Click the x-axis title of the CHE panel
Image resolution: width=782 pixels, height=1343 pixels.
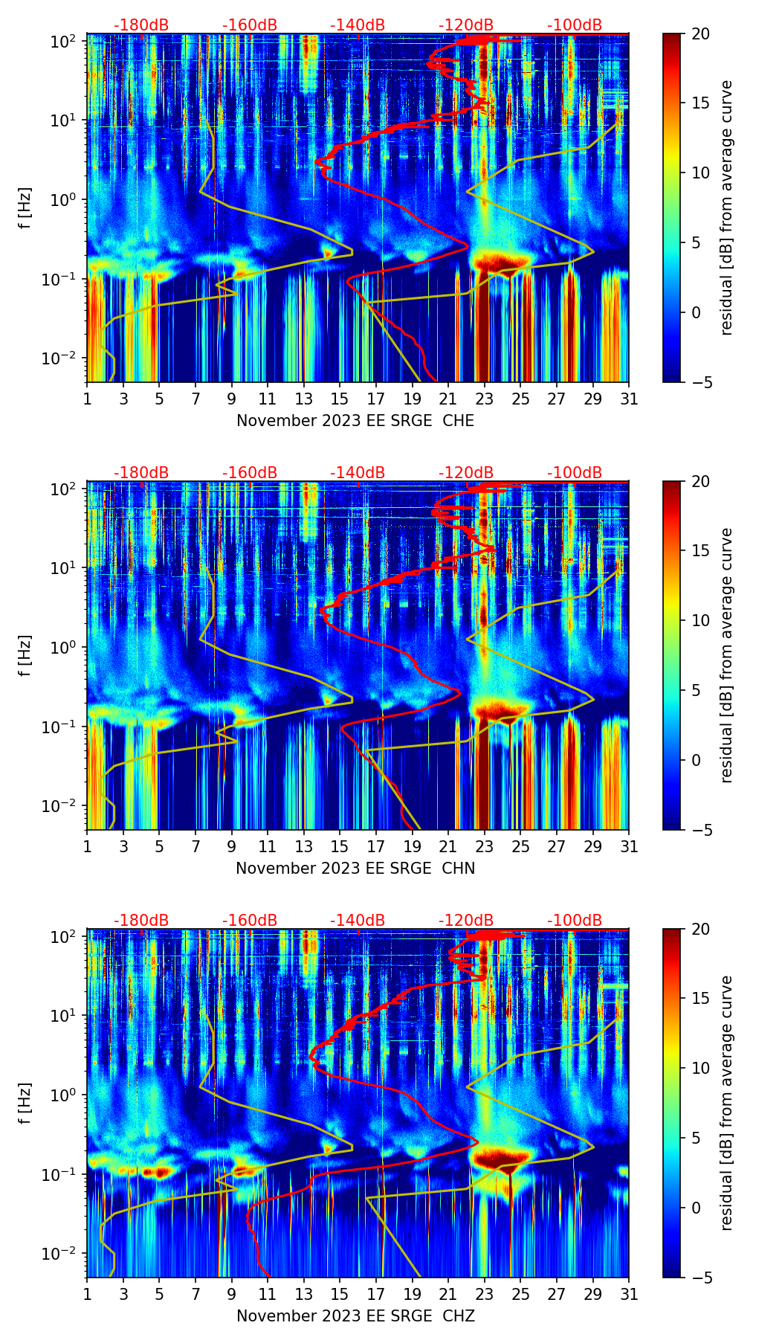(355, 420)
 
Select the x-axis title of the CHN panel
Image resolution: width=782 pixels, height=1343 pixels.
(355, 868)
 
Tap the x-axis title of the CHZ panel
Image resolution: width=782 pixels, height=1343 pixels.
(355, 1315)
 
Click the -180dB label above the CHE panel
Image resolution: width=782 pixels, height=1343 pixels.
(141, 25)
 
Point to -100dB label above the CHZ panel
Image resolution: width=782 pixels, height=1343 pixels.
(575, 921)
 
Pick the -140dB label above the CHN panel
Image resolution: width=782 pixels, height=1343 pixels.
(358, 473)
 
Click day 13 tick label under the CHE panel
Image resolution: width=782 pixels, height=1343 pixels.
(303, 399)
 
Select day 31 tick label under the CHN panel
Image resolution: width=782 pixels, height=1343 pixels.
(629, 846)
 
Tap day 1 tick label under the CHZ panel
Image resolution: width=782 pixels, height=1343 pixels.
(87, 1294)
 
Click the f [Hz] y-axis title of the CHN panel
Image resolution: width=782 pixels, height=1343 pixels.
(25, 655)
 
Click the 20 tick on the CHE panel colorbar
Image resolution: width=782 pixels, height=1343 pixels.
(700, 33)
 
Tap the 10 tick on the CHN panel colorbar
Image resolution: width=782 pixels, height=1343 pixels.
(700, 620)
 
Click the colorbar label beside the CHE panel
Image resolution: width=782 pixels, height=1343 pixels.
(726, 207)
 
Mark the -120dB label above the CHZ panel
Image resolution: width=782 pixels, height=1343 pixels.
(466, 921)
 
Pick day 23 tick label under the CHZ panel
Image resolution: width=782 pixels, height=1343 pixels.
(484, 1294)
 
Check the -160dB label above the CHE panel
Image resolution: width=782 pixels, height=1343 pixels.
(250, 25)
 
